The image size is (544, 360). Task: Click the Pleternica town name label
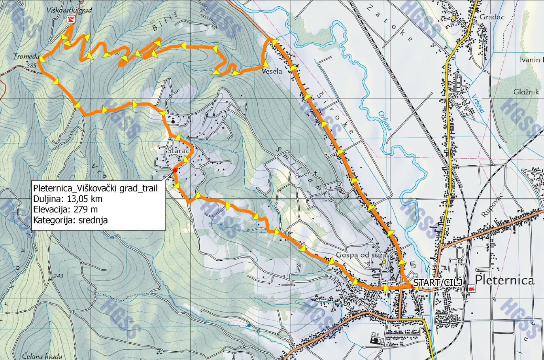point(505,280)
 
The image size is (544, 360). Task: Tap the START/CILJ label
point(431,282)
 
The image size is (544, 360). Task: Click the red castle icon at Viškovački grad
point(71,19)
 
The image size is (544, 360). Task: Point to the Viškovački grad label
point(69,10)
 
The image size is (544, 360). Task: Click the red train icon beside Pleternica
point(470,289)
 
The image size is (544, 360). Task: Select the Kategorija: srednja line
point(70,220)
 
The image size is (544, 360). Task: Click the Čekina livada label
point(39,355)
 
